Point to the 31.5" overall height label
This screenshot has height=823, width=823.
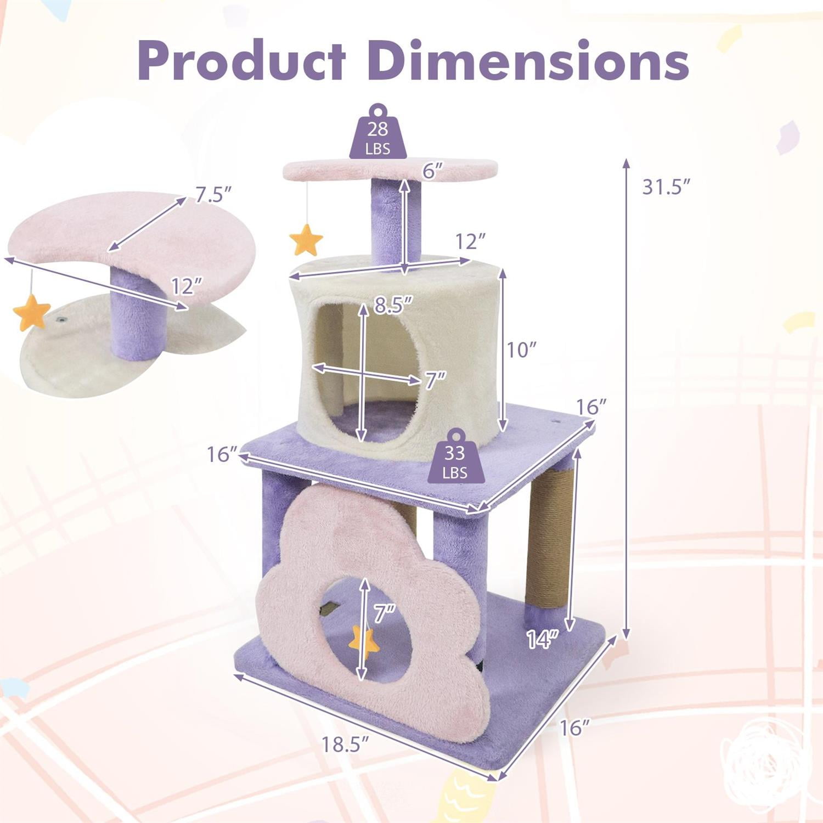[x=665, y=187]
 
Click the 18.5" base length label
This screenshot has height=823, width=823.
[x=344, y=745]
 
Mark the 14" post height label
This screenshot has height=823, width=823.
[x=542, y=639]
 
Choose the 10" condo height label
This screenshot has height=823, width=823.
[x=521, y=350]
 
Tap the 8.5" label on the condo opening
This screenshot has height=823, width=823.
[x=392, y=305]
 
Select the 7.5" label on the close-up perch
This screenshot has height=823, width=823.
[x=213, y=194]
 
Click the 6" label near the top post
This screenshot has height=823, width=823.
[x=432, y=171]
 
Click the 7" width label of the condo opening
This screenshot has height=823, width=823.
[x=435, y=380]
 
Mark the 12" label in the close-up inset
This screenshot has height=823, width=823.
[x=187, y=286]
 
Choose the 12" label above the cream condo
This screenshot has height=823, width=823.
[x=471, y=241]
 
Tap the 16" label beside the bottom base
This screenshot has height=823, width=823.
[x=574, y=728]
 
